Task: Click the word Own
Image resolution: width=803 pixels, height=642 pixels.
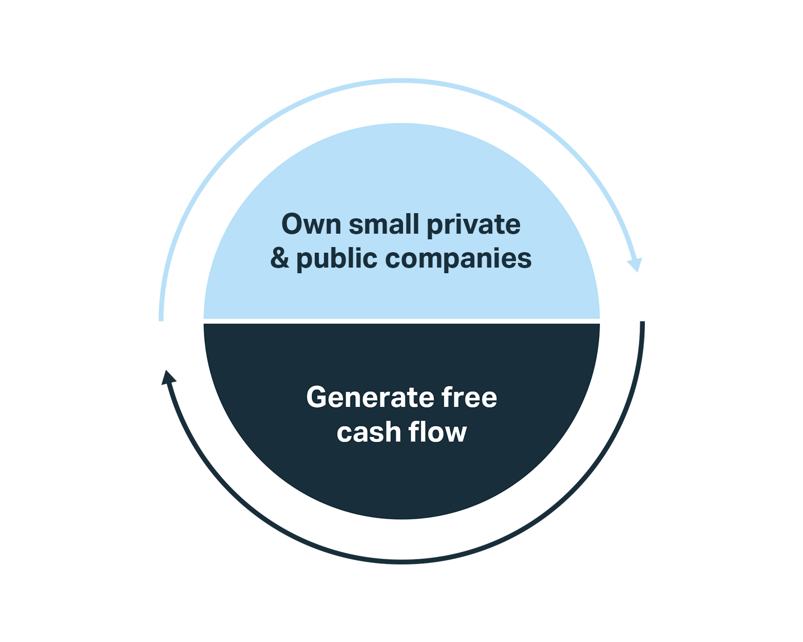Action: [x=311, y=224]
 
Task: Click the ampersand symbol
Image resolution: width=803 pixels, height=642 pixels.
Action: [x=280, y=258]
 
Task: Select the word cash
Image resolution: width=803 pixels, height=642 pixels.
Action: [x=369, y=432]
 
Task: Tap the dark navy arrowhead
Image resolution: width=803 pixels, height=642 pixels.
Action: [x=168, y=378]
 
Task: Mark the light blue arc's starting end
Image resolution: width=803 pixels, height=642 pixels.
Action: [x=161, y=318]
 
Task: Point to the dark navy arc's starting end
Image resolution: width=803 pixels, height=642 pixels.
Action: [x=642, y=324]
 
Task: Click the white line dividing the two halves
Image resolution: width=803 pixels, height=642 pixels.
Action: [x=401, y=321]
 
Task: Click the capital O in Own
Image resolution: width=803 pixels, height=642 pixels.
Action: [x=292, y=224]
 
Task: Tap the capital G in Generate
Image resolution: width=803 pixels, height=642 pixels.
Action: [x=317, y=398]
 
